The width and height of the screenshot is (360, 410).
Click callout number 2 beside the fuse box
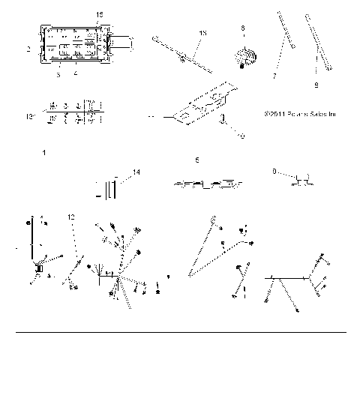click(x=28, y=49)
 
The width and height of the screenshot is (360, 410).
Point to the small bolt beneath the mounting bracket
click(x=222, y=122)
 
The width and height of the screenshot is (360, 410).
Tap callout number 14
click(x=136, y=173)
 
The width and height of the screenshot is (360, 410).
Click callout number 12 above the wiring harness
click(x=70, y=216)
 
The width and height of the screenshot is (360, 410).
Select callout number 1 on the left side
click(x=44, y=153)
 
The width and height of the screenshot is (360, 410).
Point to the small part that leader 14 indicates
click(x=111, y=188)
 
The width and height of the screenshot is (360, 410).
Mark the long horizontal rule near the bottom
click(x=181, y=331)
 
